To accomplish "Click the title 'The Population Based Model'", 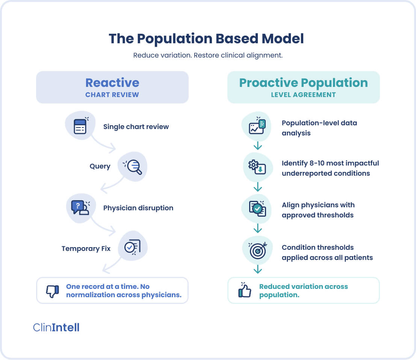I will [x=206, y=39].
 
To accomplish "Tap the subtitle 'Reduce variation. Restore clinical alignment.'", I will [x=208, y=55].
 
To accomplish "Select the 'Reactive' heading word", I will [x=112, y=83].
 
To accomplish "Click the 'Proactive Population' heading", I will [x=303, y=83].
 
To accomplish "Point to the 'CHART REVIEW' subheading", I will [x=112, y=94].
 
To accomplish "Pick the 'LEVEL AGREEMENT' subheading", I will [x=303, y=94].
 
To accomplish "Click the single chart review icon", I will [x=80, y=126].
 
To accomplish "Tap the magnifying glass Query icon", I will [x=133, y=166].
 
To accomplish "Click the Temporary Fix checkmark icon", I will [x=132, y=247].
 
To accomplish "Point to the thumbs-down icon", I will [x=52, y=291].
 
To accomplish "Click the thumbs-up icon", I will [x=245, y=290].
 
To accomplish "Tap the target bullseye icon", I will [x=257, y=250].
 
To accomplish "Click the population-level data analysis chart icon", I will [x=257, y=126].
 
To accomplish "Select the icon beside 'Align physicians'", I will [x=257, y=208].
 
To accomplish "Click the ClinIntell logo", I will [x=56, y=327].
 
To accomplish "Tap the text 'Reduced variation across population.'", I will [x=303, y=290].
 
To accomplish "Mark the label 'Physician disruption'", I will [x=138, y=208].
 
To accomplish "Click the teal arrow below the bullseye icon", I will [x=257, y=269].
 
